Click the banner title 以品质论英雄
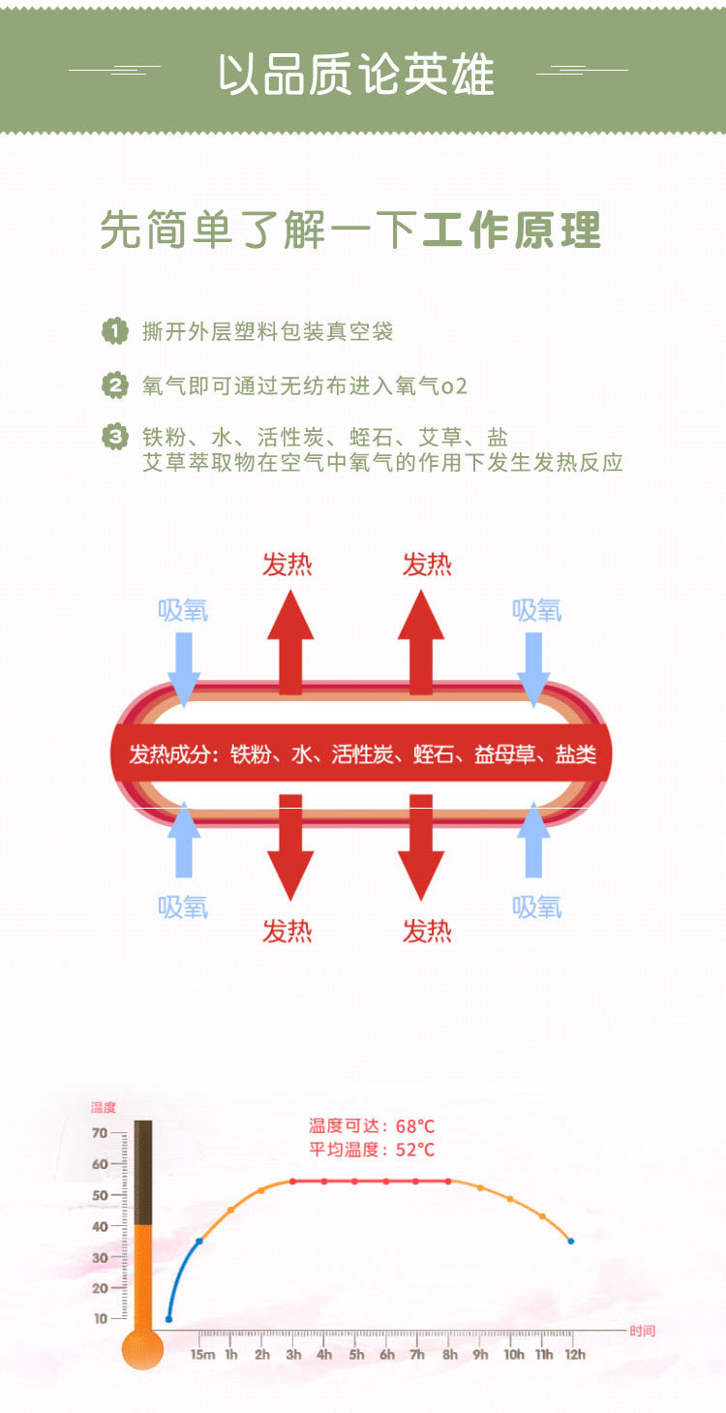[355, 75]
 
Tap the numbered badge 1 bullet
[115, 331]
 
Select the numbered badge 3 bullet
[115, 437]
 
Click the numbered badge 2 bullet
[115, 386]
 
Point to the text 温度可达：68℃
[372, 1126]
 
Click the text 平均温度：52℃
[372, 1151]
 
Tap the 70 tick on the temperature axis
[100, 1133]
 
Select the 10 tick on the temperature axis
[100, 1319]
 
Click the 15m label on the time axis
[201, 1355]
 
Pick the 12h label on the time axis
[575, 1355]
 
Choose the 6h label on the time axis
[387, 1355]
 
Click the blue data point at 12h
[571, 1241]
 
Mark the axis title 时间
[642, 1331]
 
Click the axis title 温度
[103, 1107]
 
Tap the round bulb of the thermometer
[142, 1349]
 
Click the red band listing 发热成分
[362, 754]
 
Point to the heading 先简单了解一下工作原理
[350, 230]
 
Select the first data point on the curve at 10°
[168, 1319]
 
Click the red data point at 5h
[355, 1182]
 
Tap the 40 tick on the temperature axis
[100, 1226]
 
